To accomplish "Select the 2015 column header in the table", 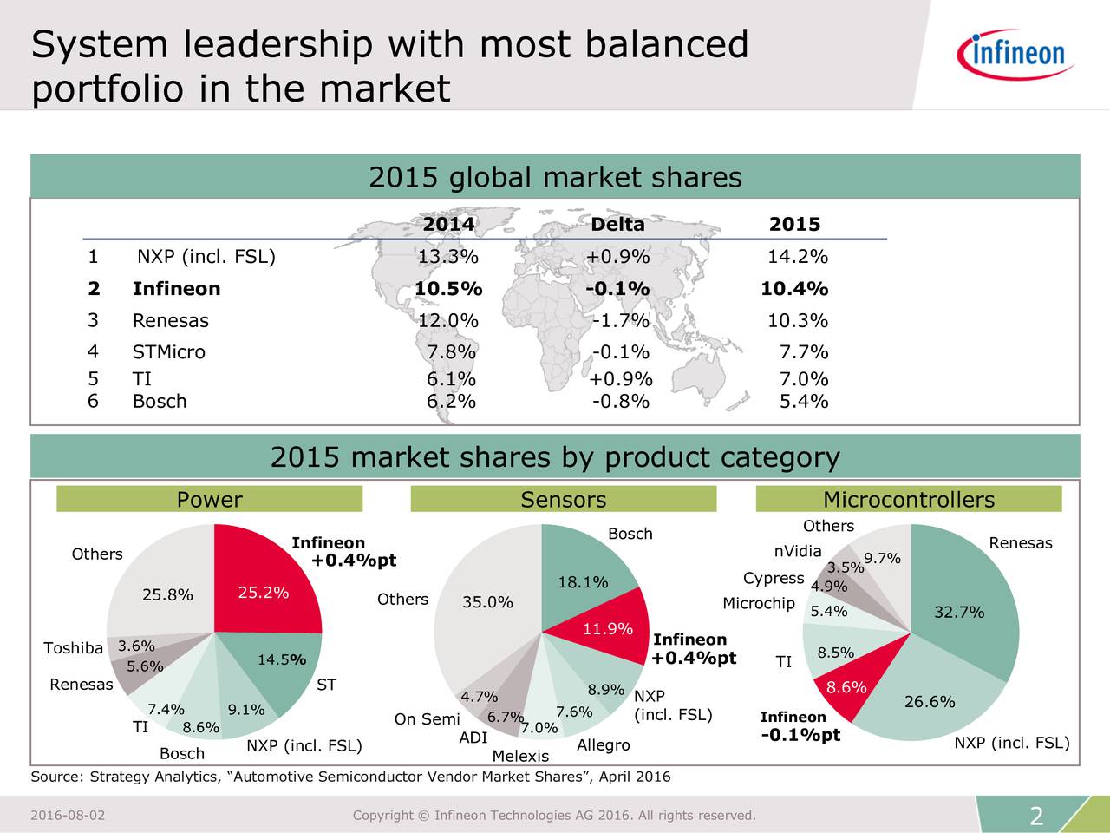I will click(x=794, y=224).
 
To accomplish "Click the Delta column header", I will click(x=617, y=224).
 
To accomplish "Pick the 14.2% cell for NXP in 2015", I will click(x=798, y=257).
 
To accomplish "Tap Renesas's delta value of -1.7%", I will click(x=621, y=320).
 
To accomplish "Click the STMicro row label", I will click(x=168, y=352).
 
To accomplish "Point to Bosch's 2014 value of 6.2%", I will click(x=451, y=401).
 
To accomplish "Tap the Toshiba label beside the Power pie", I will click(x=73, y=648).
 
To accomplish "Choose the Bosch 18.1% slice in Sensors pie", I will click(x=581, y=577).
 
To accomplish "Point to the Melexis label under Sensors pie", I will click(x=520, y=756).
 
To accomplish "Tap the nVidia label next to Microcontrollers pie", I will click(x=798, y=552).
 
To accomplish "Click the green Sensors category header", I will click(x=563, y=500).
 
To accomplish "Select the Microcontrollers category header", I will click(x=908, y=500).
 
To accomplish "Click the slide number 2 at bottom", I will click(x=1035, y=816).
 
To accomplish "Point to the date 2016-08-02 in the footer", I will click(x=68, y=815).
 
